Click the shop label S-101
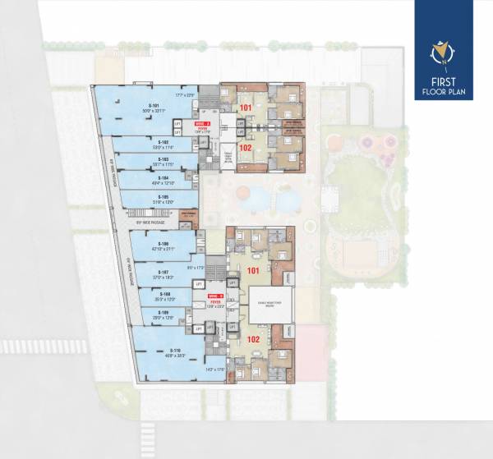[x=153, y=106]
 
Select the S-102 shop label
[x=164, y=142]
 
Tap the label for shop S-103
[x=164, y=159]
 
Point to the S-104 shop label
[x=164, y=178]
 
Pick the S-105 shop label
[x=164, y=197]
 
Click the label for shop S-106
[x=164, y=245]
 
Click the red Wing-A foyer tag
[x=203, y=124]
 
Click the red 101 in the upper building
[x=246, y=108]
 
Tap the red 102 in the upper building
[x=246, y=149]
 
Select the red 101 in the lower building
[x=254, y=270]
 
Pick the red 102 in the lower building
[x=254, y=337]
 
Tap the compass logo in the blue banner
[x=444, y=54]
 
